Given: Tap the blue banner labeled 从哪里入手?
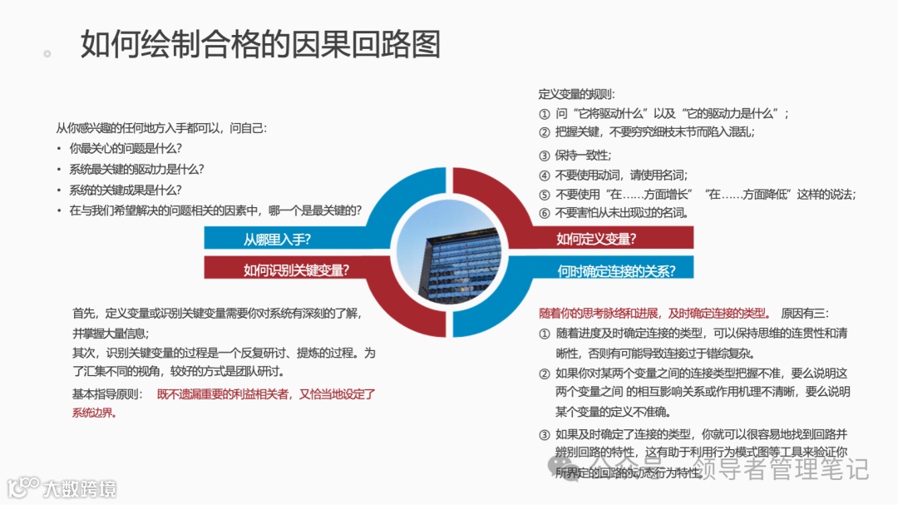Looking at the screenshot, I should tap(277, 240).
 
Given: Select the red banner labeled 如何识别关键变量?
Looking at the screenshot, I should tap(295, 270).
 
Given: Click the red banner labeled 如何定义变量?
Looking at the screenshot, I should tap(596, 240).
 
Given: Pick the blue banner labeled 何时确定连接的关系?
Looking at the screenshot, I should tap(615, 270).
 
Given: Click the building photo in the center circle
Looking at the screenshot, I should tap(449, 255).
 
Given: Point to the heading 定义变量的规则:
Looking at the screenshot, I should tap(577, 94).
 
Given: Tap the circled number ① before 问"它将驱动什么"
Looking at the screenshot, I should tap(545, 114).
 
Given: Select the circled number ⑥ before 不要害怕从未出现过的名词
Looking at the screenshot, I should tap(545, 212).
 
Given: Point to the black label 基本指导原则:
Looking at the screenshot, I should tap(107, 394).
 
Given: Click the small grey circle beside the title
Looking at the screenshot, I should tap(47, 53).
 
